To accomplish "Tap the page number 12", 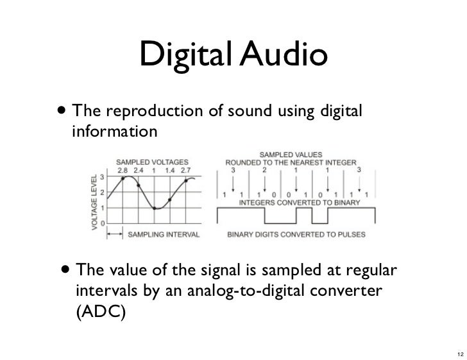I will (457, 352).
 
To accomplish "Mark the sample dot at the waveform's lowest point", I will (155, 208).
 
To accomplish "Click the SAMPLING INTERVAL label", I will (164, 235).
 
